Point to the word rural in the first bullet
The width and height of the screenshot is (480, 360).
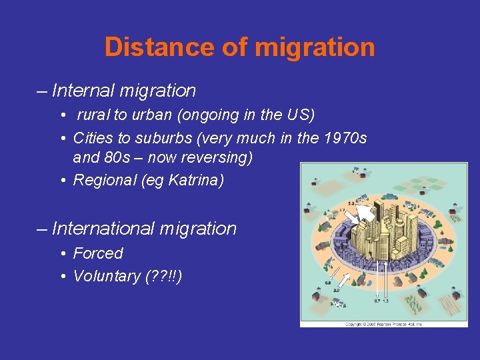point(93,115)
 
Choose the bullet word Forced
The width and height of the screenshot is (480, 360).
point(98,254)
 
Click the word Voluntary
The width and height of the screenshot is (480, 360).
point(107,276)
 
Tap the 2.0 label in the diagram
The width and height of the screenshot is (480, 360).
point(337,291)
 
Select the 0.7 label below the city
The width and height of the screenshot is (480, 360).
point(377,302)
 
